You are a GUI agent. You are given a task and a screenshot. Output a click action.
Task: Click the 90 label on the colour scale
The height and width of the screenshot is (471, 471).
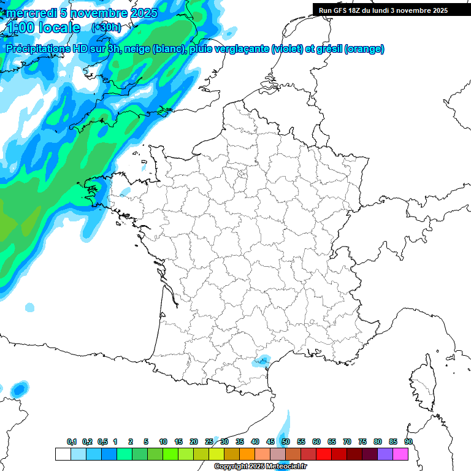pyautogui.click(x=408, y=442)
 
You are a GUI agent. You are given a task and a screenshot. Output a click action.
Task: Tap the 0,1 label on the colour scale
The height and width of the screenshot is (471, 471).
pyautogui.click(x=72, y=442)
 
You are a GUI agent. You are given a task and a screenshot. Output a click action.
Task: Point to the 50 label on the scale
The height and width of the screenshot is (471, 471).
pyautogui.click(x=286, y=442)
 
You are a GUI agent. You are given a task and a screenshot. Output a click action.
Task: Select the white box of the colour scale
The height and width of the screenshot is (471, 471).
pyautogui.click(x=63, y=454)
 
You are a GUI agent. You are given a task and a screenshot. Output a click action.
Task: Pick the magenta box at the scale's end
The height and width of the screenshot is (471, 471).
pyautogui.click(x=400, y=454)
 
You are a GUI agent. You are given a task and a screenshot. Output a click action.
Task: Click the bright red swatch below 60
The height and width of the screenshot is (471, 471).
pyautogui.click(x=324, y=454)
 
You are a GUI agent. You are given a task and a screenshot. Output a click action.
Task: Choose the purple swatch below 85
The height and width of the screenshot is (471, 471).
pyautogui.click(x=385, y=454)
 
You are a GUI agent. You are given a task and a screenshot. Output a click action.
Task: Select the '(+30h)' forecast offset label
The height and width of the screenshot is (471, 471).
pyautogui.click(x=106, y=28)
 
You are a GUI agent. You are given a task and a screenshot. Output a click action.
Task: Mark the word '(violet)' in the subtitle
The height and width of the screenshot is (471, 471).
pyautogui.click(x=287, y=49)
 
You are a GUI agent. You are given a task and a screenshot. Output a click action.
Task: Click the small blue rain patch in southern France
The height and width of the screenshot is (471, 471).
pyautogui.click(x=262, y=361)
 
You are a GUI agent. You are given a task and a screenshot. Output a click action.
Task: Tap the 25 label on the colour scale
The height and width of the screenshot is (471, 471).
pyautogui.click(x=209, y=442)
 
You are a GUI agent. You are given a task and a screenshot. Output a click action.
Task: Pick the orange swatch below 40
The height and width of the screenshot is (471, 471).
pyautogui.click(x=247, y=454)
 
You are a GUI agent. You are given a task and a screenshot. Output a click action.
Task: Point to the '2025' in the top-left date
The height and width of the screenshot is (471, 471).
pyautogui.click(x=142, y=12)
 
